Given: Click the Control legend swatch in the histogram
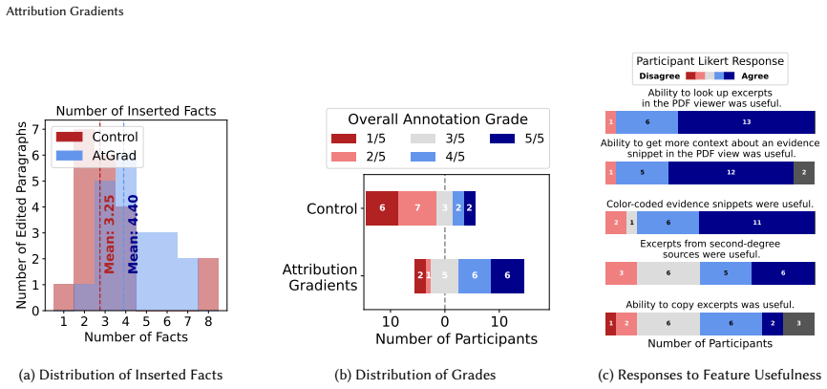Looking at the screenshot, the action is pyautogui.click(x=69, y=137).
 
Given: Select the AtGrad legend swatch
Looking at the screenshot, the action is pyautogui.click(x=69, y=155).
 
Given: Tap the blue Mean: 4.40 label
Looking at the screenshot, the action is pyautogui.click(x=133, y=234).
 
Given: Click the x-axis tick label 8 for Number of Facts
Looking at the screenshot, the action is pyautogui.click(x=208, y=321).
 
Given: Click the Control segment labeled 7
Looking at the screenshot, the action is pyautogui.click(x=417, y=208).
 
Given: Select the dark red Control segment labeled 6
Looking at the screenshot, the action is pyautogui.click(x=382, y=208).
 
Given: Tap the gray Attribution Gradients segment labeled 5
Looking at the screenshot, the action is pyautogui.click(x=445, y=275).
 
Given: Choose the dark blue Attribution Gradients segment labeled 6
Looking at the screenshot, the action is pyautogui.click(x=507, y=275).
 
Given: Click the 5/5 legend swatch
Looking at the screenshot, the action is pyautogui.click(x=502, y=139).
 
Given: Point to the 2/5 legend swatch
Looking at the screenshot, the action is pyautogui.click(x=345, y=157).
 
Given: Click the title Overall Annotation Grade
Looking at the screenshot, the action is pyautogui.click(x=437, y=119).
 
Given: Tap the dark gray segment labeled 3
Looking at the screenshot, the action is pyautogui.click(x=798, y=324).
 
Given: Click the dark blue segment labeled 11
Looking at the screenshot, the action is pyautogui.click(x=757, y=223).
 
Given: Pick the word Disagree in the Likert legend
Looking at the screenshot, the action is pyautogui.click(x=659, y=76).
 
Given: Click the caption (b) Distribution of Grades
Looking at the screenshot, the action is pyautogui.click(x=415, y=376).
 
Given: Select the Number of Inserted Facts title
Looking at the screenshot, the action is pyautogui.click(x=136, y=112).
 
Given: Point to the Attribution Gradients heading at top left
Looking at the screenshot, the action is pyautogui.click(x=64, y=11).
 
